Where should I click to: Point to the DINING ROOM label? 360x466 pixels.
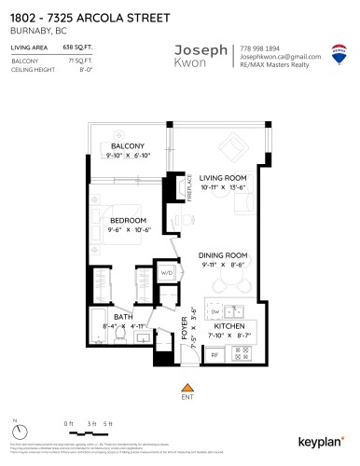[222, 254]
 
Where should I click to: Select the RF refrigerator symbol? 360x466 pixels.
[214, 354]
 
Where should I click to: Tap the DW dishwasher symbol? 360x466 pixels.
[215, 311]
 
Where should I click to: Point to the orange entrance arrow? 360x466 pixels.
[187, 387]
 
